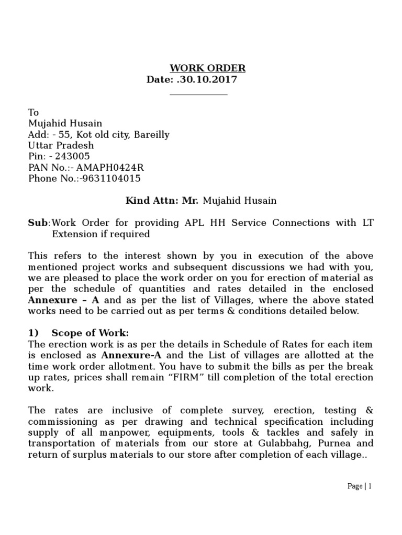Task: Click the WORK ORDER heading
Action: (207, 68)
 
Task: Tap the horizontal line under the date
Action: (199, 95)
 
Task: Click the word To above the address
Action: (33, 112)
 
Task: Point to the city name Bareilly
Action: (151, 134)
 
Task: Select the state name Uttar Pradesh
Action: (61, 145)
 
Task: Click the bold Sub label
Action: (37, 223)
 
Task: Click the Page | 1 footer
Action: (359, 486)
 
